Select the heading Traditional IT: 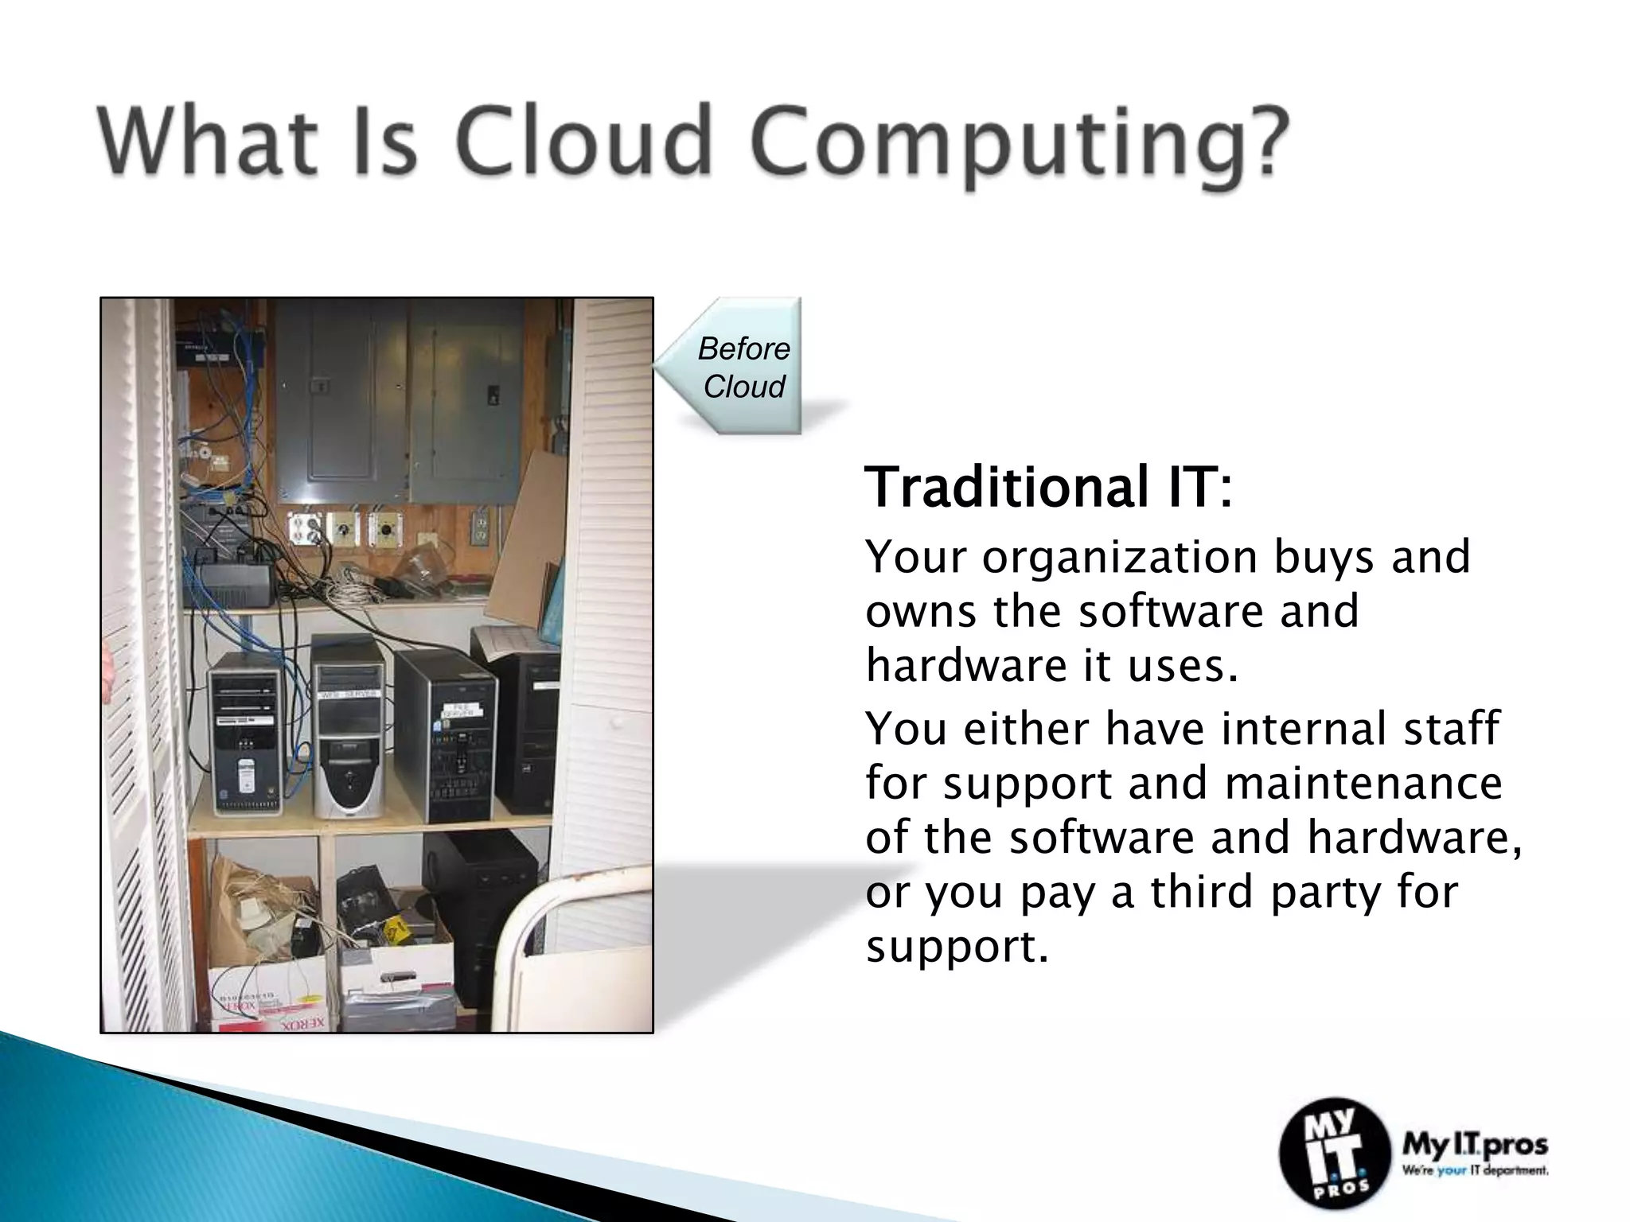(1047, 487)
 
